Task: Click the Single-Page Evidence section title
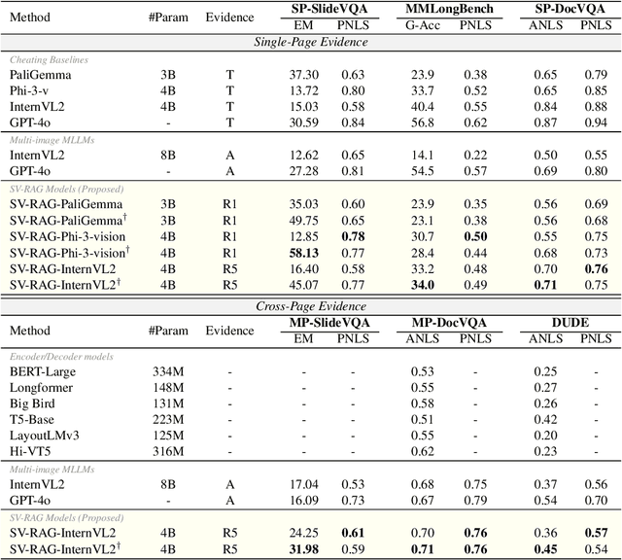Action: coord(311,42)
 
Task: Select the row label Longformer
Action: coord(41,387)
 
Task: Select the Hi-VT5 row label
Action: coord(31,450)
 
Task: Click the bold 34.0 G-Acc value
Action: coord(423,284)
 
